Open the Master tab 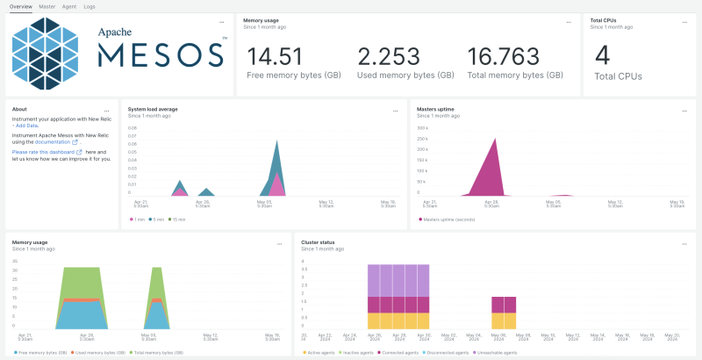pyautogui.click(x=47, y=6)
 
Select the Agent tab pyautogui.click(x=69, y=6)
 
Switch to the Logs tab pyautogui.click(x=90, y=6)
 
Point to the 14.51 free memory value pyautogui.click(x=275, y=57)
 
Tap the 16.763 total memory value pyautogui.click(x=503, y=57)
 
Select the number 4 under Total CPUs pyautogui.click(x=602, y=55)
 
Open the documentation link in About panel pyautogui.click(x=65, y=141)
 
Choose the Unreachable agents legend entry pyautogui.click(x=498, y=352)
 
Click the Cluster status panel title pyautogui.click(x=317, y=242)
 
